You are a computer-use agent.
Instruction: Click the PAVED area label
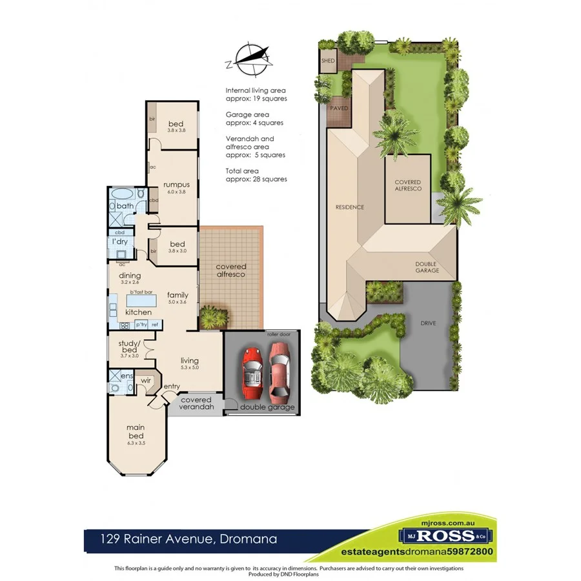(339, 108)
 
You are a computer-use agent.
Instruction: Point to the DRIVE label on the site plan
(427, 322)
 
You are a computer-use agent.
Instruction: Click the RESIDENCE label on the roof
(349, 207)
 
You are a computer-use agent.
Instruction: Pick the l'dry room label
(119, 241)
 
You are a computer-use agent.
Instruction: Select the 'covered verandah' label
(196, 403)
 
